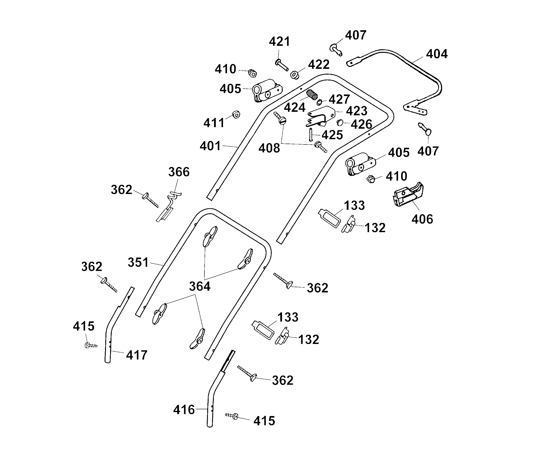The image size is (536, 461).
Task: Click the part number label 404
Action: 437,54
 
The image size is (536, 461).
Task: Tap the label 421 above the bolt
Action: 280,42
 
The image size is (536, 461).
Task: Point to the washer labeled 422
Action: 294,75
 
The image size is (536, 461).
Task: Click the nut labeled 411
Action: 236,114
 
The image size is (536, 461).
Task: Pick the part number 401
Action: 210,146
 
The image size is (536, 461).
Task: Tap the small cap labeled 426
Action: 340,122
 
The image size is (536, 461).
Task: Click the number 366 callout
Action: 179,172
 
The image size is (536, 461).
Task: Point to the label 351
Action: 138,262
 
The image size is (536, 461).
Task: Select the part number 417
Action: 137,355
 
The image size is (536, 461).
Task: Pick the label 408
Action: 269,148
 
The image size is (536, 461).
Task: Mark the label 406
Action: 422,219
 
